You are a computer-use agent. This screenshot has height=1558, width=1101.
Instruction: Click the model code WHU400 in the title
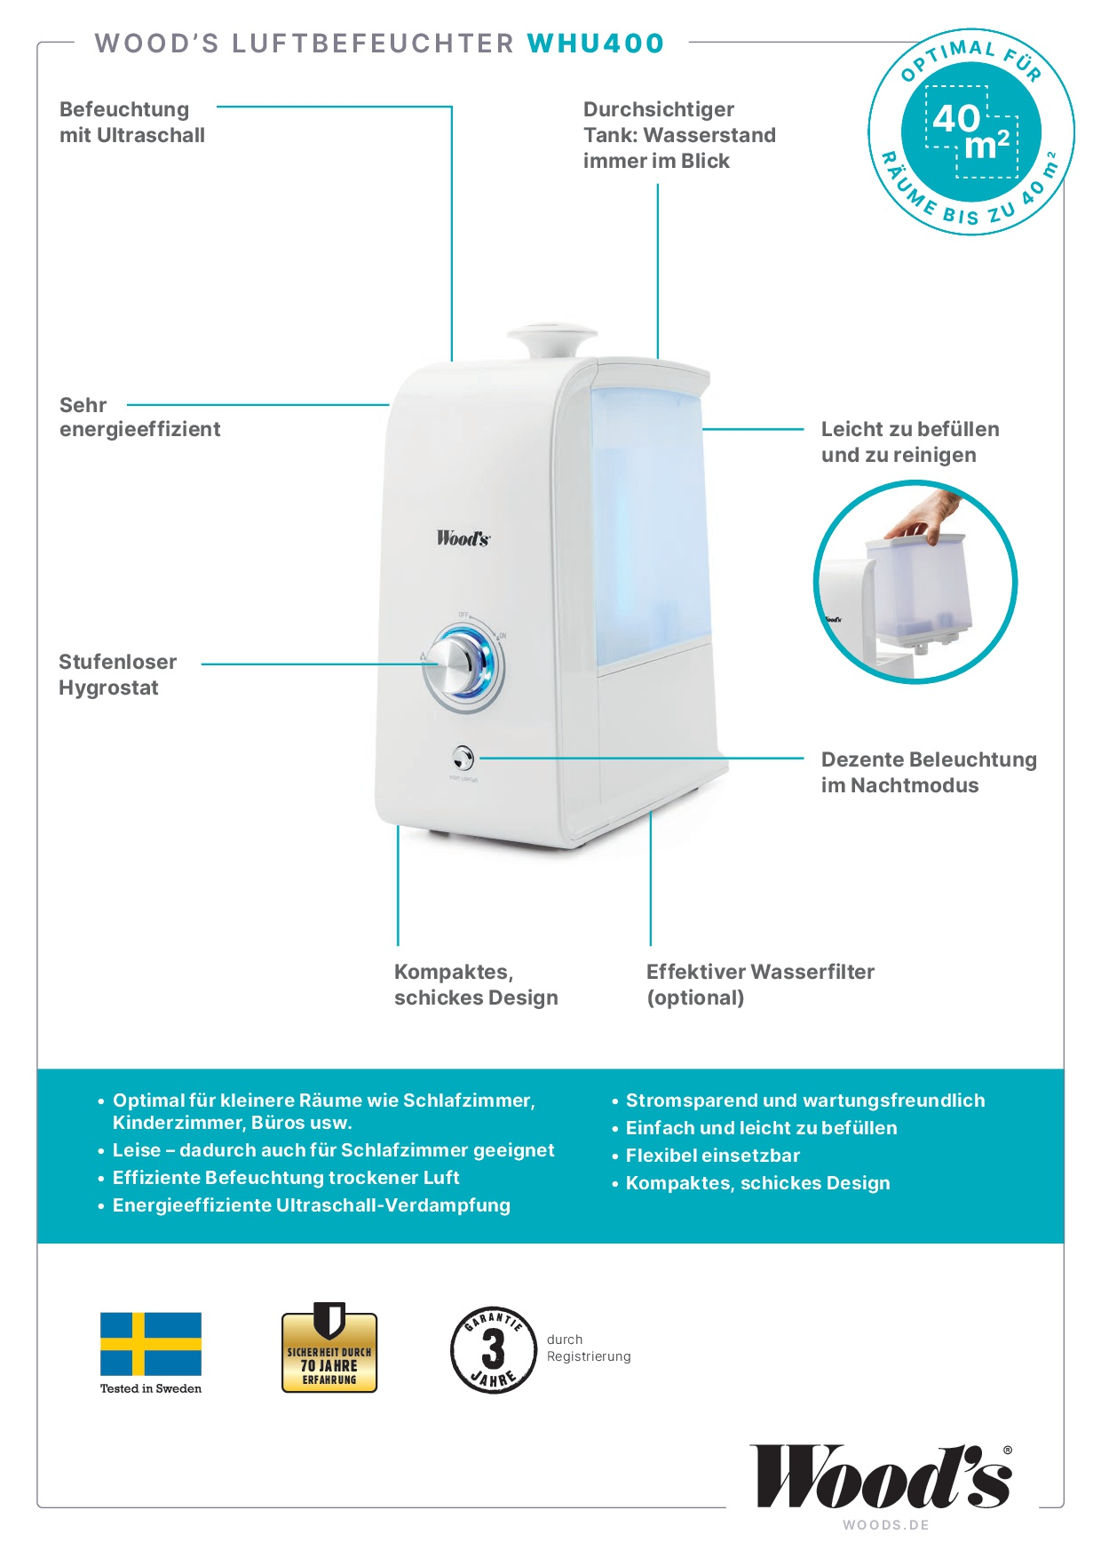pyautogui.click(x=596, y=44)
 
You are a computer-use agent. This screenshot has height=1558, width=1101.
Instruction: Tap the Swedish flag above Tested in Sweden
pyautogui.click(x=151, y=1344)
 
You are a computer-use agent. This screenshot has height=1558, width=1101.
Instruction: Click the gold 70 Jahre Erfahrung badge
pyautogui.click(x=329, y=1347)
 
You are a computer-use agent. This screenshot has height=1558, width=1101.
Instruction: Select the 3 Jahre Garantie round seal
pyautogui.click(x=493, y=1350)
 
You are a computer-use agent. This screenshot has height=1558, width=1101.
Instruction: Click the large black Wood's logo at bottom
pyautogui.click(x=882, y=1476)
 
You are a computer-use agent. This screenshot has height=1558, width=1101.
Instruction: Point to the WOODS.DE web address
pyautogui.click(x=886, y=1525)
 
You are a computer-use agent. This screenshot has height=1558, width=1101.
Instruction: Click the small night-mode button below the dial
pyautogui.click(x=463, y=759)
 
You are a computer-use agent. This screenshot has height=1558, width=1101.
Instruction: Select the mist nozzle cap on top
pyautogui.click(x=551, y=339)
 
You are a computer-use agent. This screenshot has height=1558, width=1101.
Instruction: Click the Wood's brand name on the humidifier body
pyautogui.click(x=463, y=537)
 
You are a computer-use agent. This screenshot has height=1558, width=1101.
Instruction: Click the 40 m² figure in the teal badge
pyautogui.click(x=972, y=131)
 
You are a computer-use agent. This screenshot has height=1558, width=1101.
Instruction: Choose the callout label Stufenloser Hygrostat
pyautogui.click(x=117, y=675)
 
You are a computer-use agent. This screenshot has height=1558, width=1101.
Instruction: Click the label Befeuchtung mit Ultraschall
pyautogui.click(x=132, y=123)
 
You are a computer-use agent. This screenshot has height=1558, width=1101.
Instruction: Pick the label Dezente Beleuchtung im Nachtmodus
pyautogui.click(x=929, y=773)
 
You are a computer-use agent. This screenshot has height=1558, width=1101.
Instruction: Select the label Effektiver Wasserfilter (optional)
pyautogui.click(x=760, y=985)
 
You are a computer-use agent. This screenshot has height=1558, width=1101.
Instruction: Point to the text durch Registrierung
pyautogui.click(x=589, y=1347)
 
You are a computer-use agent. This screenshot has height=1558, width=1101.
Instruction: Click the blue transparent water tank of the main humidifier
pyautogui.click(x=651, y=524)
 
